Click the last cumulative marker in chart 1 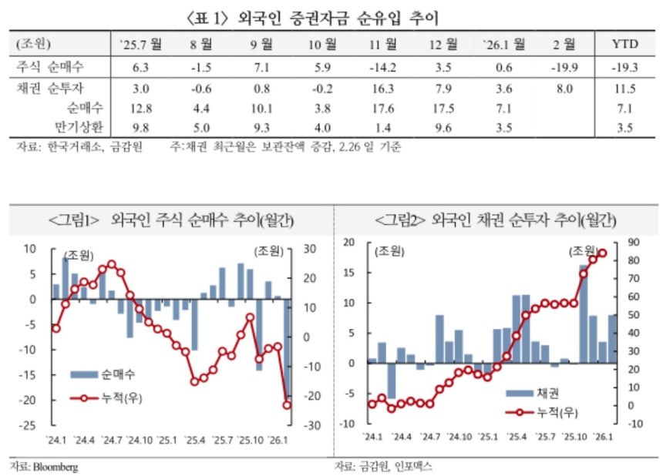point(287,404)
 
